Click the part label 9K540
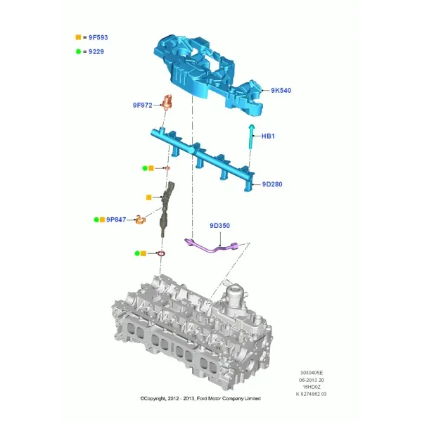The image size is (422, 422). click(x=281, y=91)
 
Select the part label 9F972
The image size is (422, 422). click(x=143, y=105)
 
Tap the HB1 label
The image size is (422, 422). click(x=268, y=136)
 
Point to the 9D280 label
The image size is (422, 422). click(x=272, y=184)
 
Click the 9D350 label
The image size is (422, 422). click(x=220, y=226)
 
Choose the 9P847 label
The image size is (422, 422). click(x=116, y=220)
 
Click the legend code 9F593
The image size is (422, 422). click(x=98, y=37)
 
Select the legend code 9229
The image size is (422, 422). click(x=96, y=51)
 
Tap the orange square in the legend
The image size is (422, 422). click(x=78, y=37)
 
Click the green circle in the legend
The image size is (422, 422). click(x=78, y=51)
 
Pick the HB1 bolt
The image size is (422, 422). click(x=251, y=136)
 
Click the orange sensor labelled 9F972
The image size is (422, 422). click(x=167, y=103)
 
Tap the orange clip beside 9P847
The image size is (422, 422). click(x=140, y=220)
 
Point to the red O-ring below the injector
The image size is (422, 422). click(x=162, y=253)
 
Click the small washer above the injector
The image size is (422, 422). click(x=167, y=169)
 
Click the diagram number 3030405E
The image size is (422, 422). click(x=312, y=373)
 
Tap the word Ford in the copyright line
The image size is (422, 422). click(x=202, y=399)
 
